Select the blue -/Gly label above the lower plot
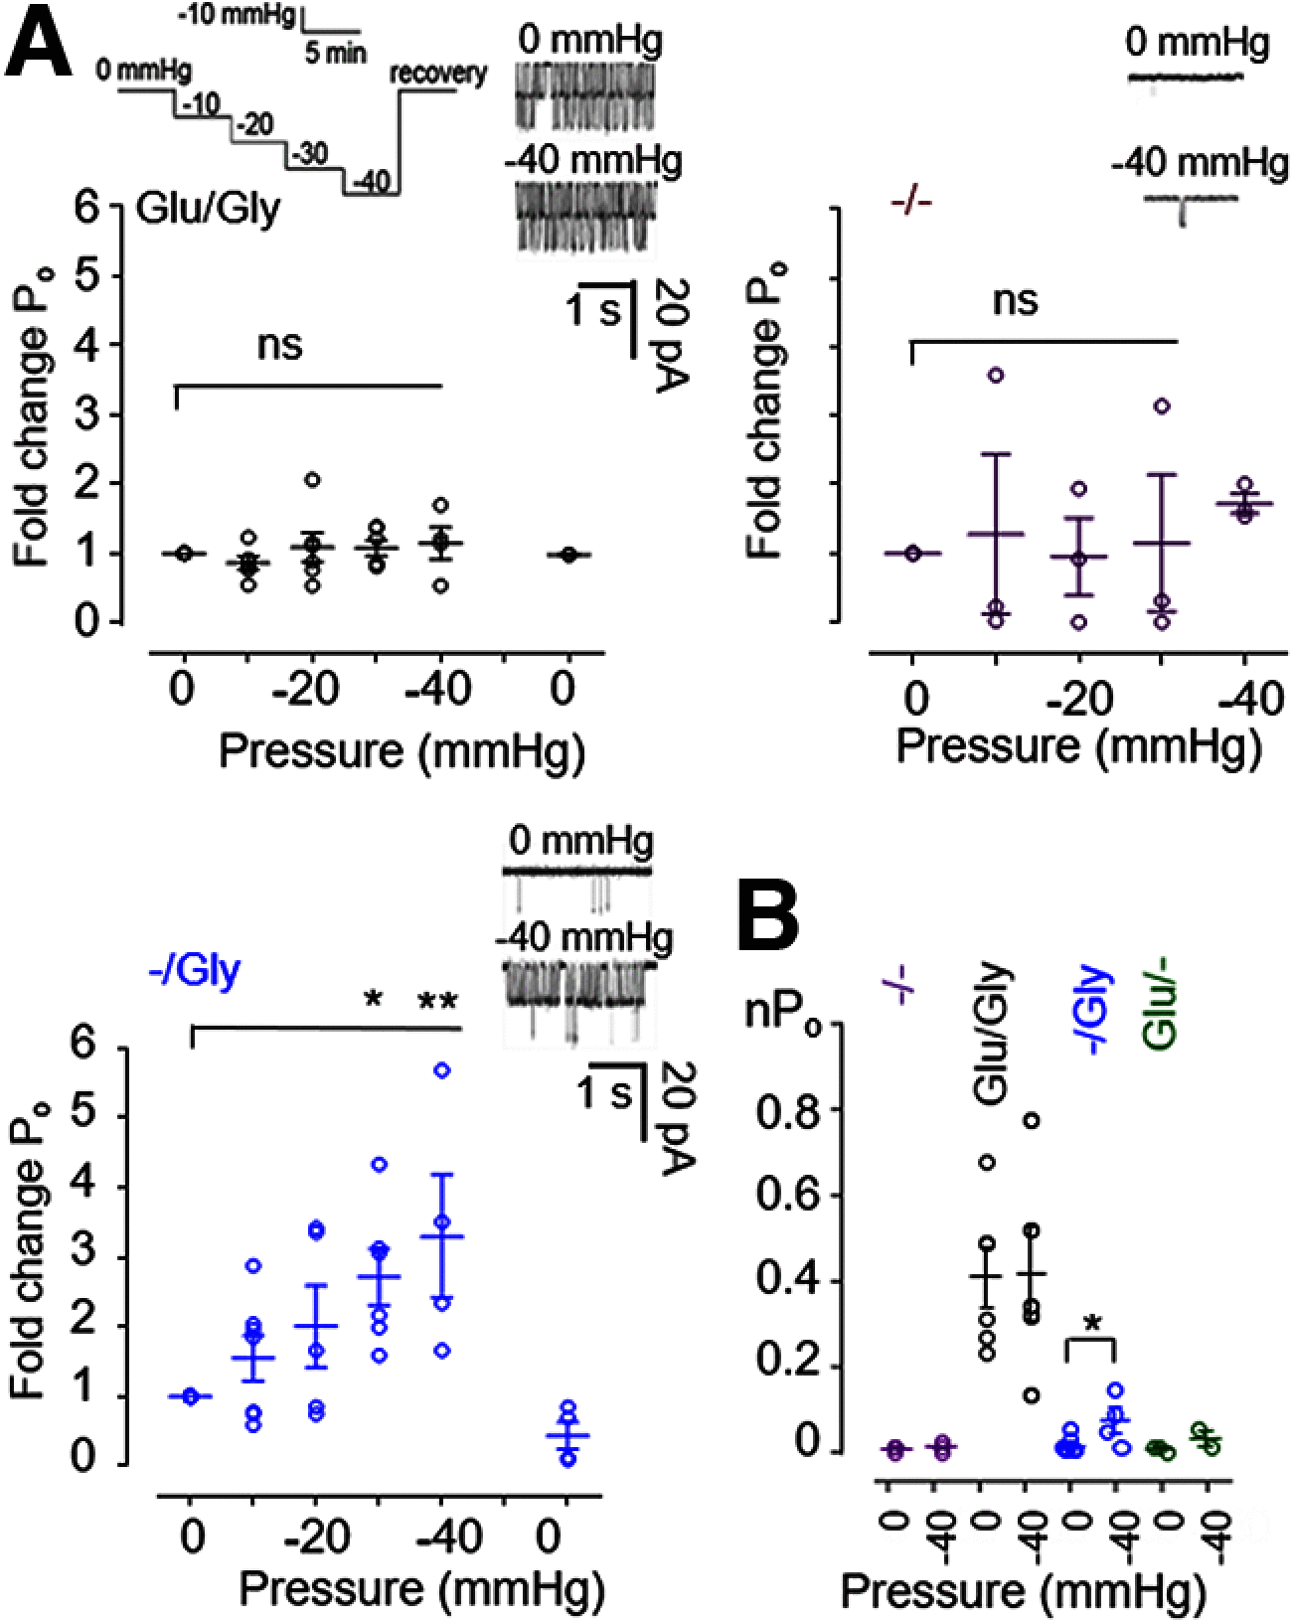pyautogui.click(x=194, y=969)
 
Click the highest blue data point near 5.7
pyautogui.click(x=442, y=1069)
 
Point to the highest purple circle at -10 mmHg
pyautogui.click(x=995, y=374)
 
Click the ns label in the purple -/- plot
pyautogui.click(x=1015, y=299)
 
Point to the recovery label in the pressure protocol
pyautogui.click(x=437, y=74)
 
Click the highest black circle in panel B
pyautogui.click(x=1032, y=1120)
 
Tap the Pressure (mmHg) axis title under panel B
pyautogui.click(x=1023, y=1591)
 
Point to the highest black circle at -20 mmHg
pyautogui.click(x=312, y=480)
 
